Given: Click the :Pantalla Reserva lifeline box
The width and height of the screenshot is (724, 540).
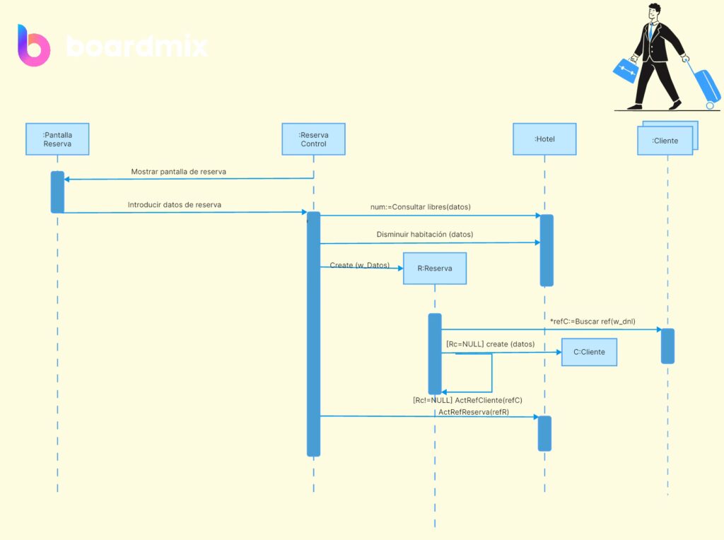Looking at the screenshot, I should (57, 139).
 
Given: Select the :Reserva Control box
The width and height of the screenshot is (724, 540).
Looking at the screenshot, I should (313, 139).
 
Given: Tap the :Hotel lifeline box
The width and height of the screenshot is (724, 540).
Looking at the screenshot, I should (544, 139).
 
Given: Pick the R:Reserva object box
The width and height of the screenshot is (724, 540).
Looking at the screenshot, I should (435, 269).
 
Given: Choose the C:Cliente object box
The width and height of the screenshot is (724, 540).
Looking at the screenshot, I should (589, 351).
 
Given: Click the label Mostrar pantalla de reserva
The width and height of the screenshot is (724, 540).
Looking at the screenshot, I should (179, 172).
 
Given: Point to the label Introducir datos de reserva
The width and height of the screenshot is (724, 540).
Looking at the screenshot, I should (174, 205).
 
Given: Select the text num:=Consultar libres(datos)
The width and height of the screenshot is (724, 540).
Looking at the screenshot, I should (421, 207).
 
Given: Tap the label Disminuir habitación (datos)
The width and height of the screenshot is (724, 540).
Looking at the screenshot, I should (425, 234).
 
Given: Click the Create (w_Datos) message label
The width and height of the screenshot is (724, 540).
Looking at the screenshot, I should (360, 265).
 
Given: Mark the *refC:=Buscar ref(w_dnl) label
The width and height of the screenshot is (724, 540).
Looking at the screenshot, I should (592, 322).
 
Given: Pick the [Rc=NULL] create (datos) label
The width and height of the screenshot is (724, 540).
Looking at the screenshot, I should (491, 344).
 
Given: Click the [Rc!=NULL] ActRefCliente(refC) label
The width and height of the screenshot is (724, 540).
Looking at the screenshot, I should (467, 400).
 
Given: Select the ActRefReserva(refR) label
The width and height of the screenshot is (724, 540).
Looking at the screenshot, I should (474, 411).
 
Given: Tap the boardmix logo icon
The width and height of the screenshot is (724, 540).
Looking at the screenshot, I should (33, 45).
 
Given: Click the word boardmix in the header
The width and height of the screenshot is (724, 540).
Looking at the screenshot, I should (137, 47).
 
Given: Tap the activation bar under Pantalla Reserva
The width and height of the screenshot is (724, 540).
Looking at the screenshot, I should (57, 192).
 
